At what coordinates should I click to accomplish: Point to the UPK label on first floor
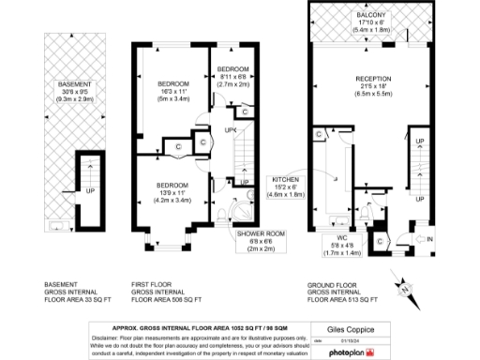(230, 129)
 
